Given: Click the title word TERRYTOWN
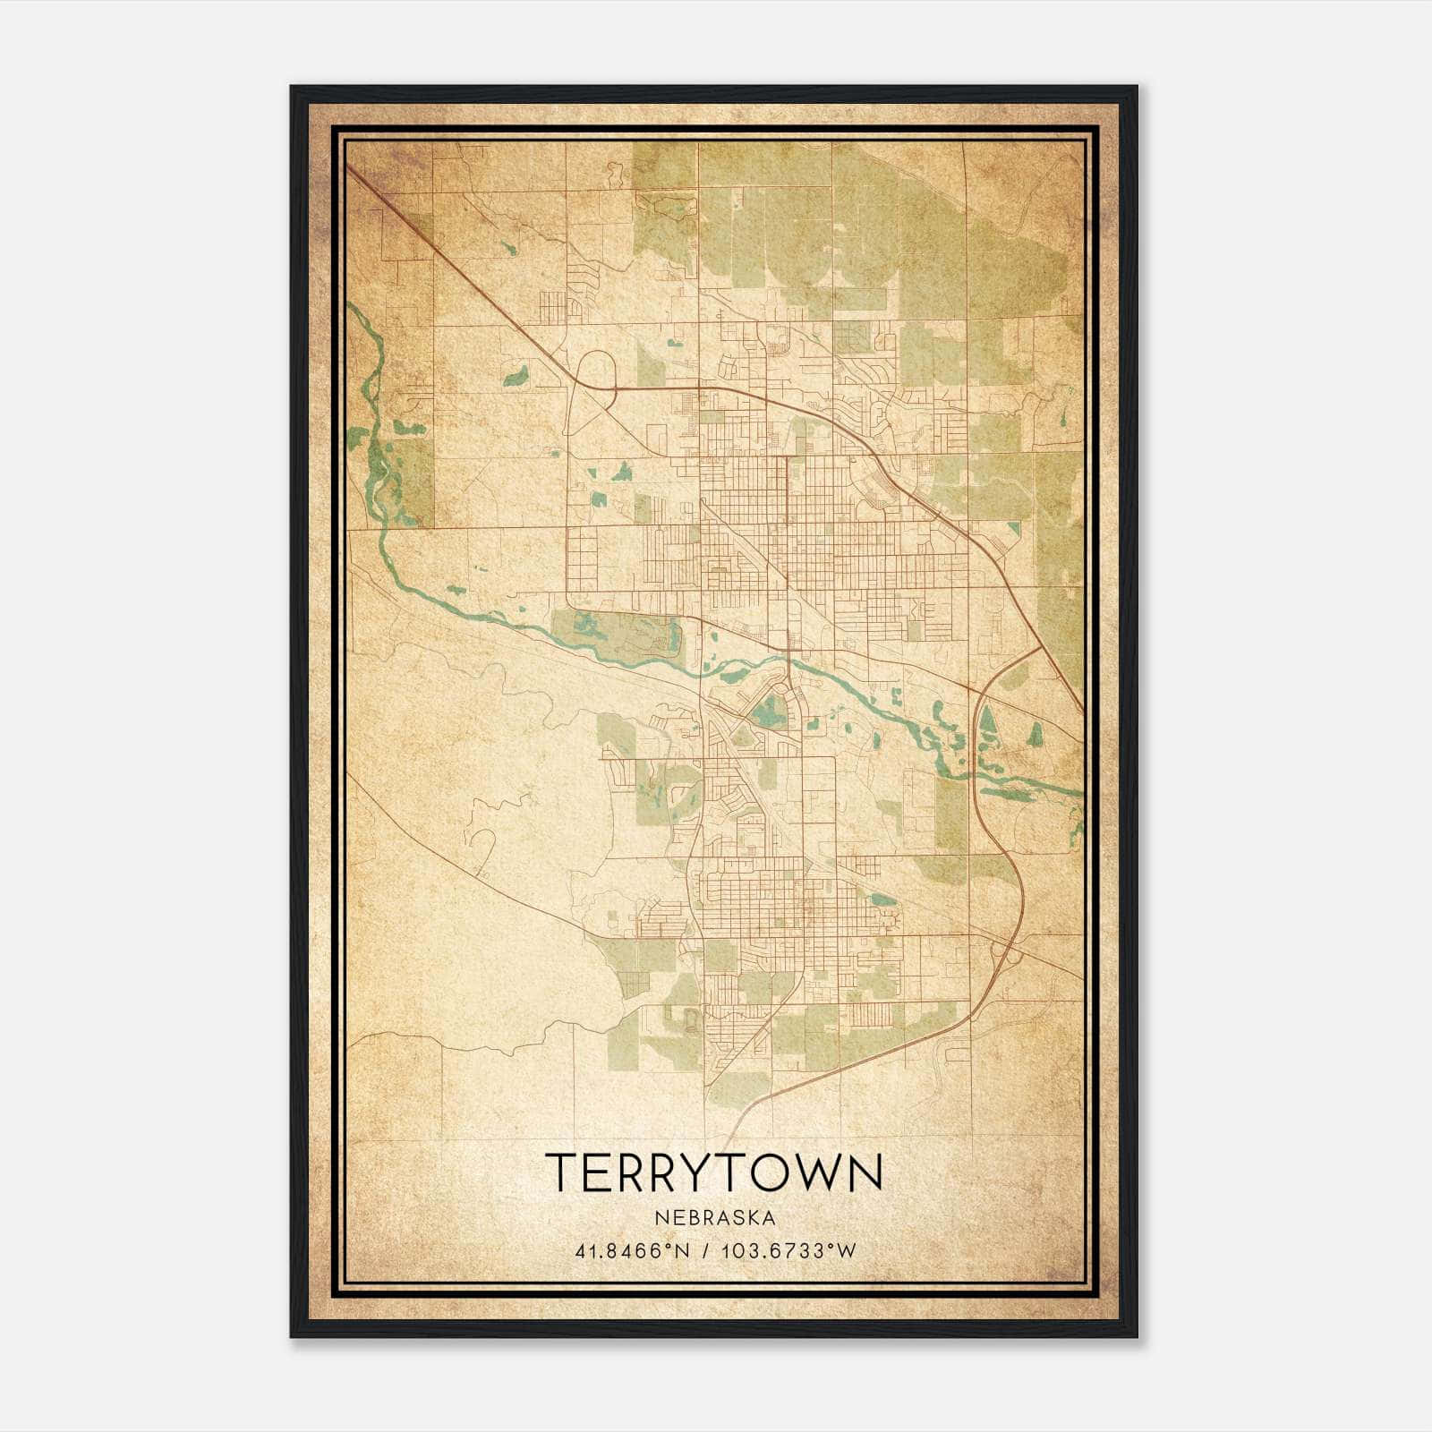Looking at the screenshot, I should point(714,1172).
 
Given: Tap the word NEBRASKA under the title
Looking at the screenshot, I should point(714,1218).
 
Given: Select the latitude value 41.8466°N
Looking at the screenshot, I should point(632,1251).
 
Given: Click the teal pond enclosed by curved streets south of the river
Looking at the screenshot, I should point(765,712).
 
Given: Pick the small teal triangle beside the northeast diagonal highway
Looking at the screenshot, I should point(1013,528).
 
